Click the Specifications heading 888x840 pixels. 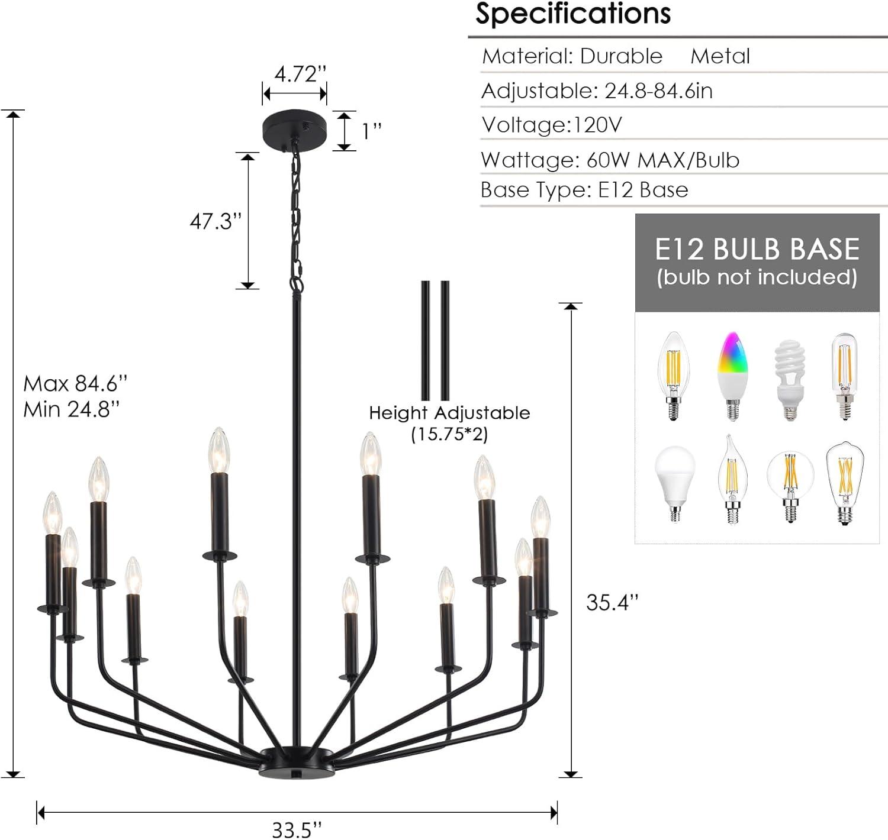pos(572,14)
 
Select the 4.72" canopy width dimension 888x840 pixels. pos(300,74)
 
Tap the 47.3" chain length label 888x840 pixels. pos(215,221)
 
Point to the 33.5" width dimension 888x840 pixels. pos(297,829)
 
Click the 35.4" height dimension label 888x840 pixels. pos(612,602)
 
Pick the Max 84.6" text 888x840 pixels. pos(75,383)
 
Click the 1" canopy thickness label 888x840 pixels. pos(372,131)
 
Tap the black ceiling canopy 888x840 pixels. pos(294,127)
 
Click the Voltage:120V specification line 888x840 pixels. pos(552,125)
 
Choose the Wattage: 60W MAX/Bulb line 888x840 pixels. pos(610,160)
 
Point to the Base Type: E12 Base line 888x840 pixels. pos(584,190)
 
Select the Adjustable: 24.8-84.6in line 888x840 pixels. pos(597,91)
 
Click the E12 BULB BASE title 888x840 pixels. pos(757,249)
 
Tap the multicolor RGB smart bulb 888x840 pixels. pos(732,376)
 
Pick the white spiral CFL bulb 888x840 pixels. pos(790,379)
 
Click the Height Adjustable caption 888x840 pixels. pos(449,413)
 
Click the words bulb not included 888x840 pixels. pos(757,277)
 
